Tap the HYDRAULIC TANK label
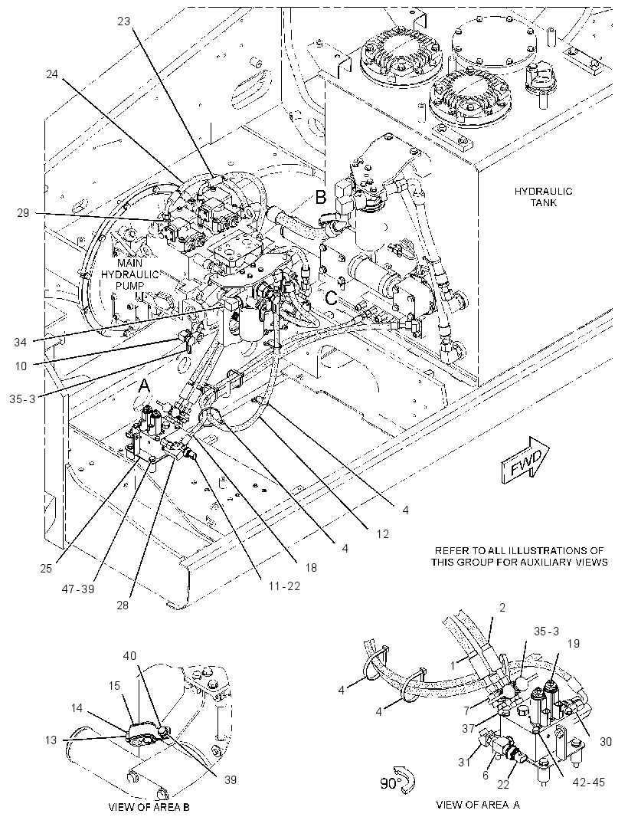(x=543, y=196)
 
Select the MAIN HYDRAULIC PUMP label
(x=129, y=274)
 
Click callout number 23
(x=124, y=21)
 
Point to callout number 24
(x=52, y=74)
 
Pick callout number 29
(x=23, y=212)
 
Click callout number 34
(x=21, y=342)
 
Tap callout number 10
(x=21, y=366)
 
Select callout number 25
(x=46, y=568)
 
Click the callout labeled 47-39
(x=79, y=589)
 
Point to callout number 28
(x=123, y=605)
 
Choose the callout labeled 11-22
(x=284, y=586)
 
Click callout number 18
(x=311, y=567)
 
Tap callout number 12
(x=383, y=534)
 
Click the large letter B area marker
(x=321, y=197)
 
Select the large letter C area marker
(x=331, y=298)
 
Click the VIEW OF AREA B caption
(x=149, y=807)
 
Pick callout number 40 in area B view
(x=129, y=655)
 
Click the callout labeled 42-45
(x=590, y=782)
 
